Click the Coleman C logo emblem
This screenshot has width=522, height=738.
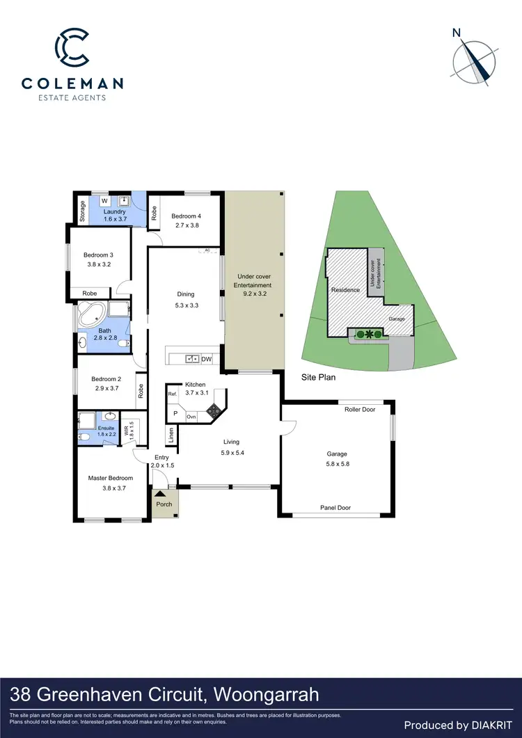pos(72,47)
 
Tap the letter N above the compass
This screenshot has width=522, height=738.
pos(457,32)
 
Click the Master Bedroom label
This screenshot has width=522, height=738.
pos(110,478)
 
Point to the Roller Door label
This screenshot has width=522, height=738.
pos(360,410)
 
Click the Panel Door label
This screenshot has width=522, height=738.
pos(335,508)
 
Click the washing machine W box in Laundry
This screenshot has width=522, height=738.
pos(102,202)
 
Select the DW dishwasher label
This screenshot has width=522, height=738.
pos(206,359)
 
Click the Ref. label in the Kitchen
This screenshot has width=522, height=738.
pos(172,394)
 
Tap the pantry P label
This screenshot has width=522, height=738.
pos(175,413)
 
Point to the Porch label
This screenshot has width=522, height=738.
pos(164,504)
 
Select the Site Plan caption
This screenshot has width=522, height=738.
pos(318,378)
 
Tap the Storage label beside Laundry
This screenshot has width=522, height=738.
pos(82,211)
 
